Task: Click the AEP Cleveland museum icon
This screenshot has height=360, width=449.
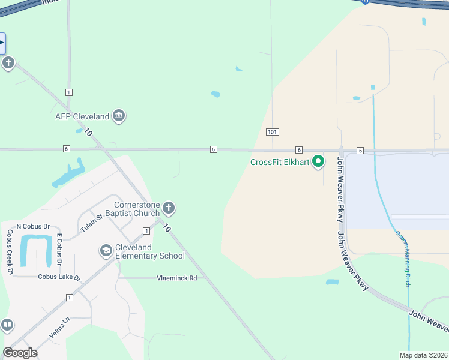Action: click(119, 116)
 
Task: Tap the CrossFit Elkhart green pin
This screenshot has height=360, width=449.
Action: click(319, 162)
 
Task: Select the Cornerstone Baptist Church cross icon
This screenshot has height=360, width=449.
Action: click(169, 209)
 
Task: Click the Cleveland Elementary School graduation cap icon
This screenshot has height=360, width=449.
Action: click(106, 251)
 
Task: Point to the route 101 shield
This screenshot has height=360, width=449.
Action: click(272, 131)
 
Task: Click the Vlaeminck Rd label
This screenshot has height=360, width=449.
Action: click(176, 278)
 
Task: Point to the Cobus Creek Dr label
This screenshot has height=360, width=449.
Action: click(10, 252)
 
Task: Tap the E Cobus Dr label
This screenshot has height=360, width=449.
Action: click(59, 249)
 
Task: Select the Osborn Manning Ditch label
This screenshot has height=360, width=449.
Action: click(403, 257)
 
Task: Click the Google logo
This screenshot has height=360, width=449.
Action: click(20, 353)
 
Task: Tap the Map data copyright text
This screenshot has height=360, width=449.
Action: click(423, 355)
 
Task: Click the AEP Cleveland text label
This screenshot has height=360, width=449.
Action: click(82, 116)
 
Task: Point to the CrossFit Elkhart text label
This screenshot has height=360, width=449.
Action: click(280, 162)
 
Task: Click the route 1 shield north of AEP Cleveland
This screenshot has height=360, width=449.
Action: click(69, 92)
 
